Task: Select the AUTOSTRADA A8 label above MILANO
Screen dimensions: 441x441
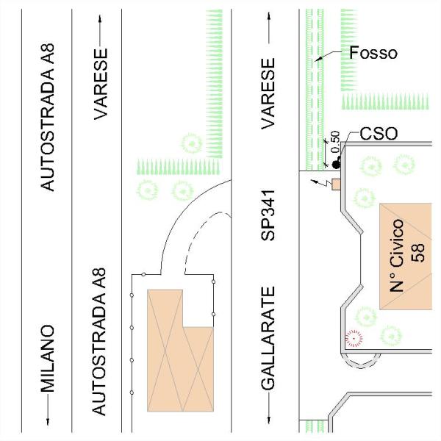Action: pyautogui.click(x=48, y=117)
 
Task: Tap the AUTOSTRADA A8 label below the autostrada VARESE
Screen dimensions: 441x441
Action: pyautogui.click(x=103, y=342)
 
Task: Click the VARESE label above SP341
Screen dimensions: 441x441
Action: pyautogui.click(x=268, y=93)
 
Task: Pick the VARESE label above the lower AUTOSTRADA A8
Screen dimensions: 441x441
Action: pyautogui.click(x=103, y=85)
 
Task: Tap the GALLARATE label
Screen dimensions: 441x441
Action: pyautogui.click(x=268, y=338)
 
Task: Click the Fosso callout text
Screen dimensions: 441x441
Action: pyautogui.click(x=373, y=53)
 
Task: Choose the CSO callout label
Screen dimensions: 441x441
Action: pyautogui.click(x=379, y=134)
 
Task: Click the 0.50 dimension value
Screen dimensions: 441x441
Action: pyautogui.click(x=335, y=141)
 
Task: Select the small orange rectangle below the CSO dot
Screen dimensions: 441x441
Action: pyautogui.click(x=337, y=183)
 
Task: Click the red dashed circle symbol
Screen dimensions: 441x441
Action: pyautogui.click(x=354, y=339)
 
